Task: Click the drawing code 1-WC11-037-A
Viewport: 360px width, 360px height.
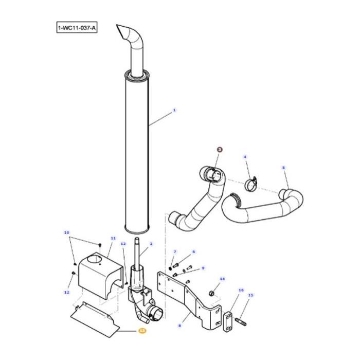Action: coord(77,26)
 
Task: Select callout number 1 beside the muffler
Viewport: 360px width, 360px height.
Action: coord(174,110)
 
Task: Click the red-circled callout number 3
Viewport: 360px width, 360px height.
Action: coord(220,150)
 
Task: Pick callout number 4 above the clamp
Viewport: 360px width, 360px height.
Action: coord(245,157)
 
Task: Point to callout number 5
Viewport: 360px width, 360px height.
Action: coord(283,167)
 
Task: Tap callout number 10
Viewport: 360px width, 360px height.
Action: coord(66,232)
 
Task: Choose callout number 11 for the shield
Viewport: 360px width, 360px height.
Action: coord(113,239)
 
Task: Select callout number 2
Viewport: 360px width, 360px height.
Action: coord(151,244)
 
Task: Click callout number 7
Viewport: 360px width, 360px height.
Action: coord(175,251)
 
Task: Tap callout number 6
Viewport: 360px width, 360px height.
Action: coord(193,251)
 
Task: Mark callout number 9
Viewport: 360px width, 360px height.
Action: coord(203,268)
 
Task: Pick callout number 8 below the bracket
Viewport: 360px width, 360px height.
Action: coord(179,326)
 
